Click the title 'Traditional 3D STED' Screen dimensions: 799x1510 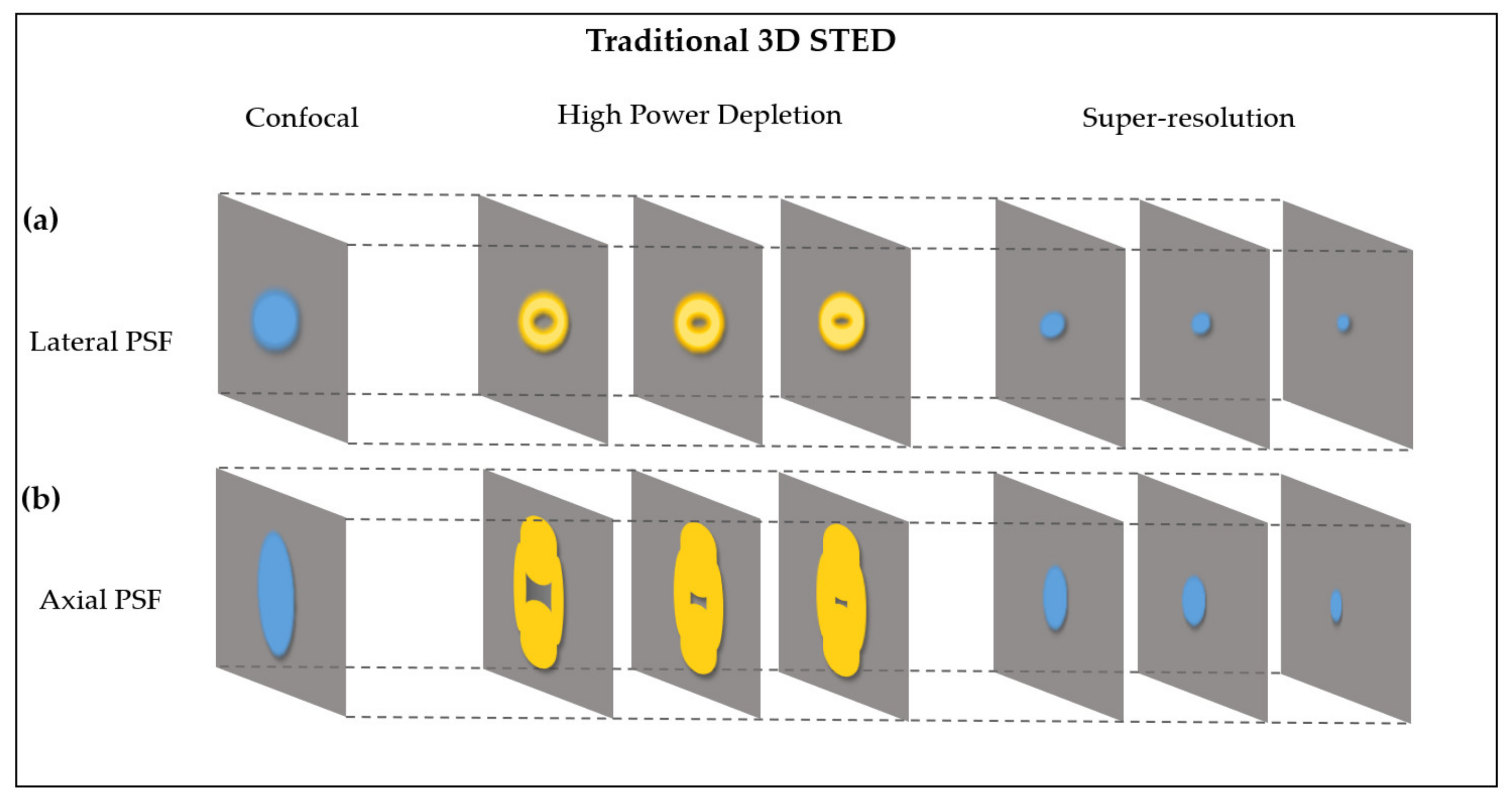(741, 41)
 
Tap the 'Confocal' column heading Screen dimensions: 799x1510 (301, 118)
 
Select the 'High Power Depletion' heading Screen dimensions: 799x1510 (699, 115)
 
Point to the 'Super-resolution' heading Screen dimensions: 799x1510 (1188, 118)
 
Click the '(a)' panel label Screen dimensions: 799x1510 (41, 220)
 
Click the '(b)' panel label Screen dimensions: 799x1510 (41, 498)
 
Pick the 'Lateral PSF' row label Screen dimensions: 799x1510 (101, 342)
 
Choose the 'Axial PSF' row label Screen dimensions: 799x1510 (100, 600)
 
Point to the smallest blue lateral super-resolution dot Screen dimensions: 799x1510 (1343, 323)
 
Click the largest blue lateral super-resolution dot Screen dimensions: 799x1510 (1053, 324)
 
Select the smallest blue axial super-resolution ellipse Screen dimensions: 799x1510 (1336, 606)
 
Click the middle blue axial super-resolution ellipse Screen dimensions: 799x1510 (1193, 601)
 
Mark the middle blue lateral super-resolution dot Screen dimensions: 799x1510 (1201, 323)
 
